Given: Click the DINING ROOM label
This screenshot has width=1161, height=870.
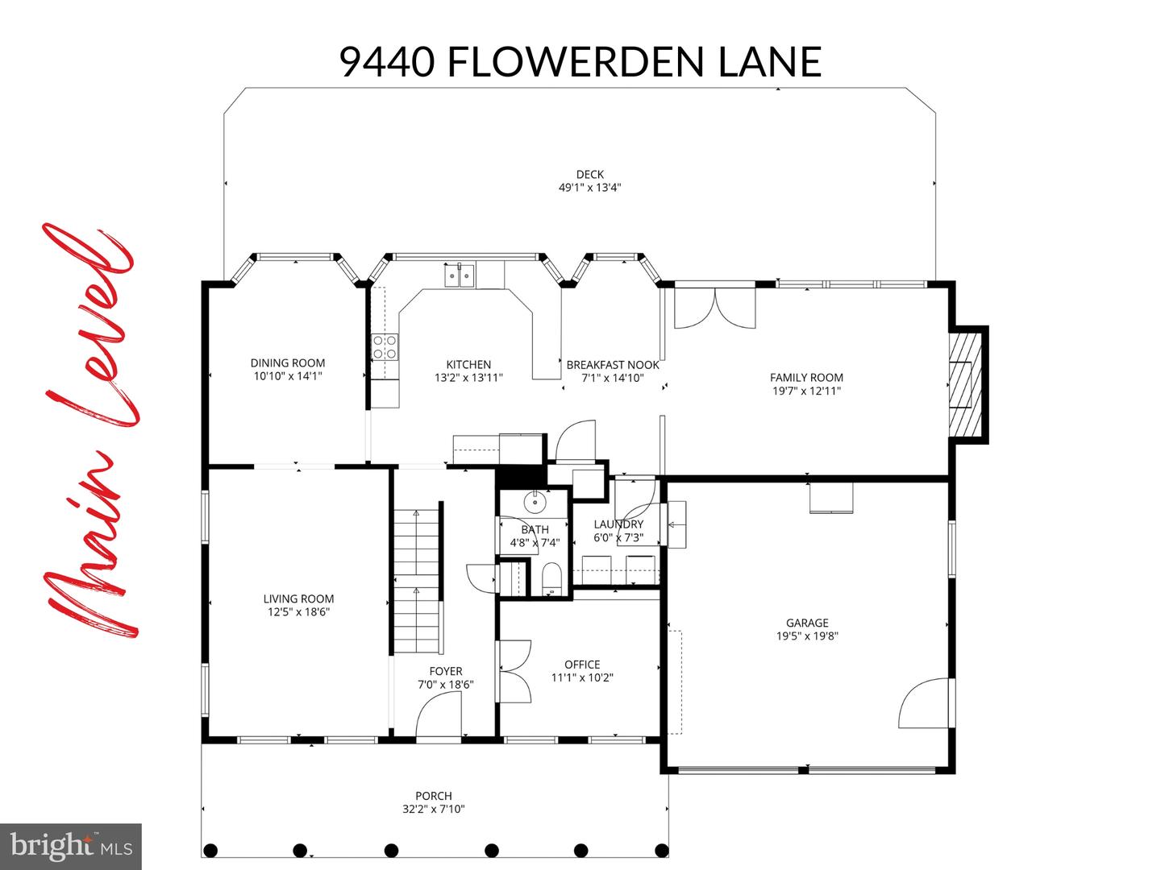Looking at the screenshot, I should click(287, 363).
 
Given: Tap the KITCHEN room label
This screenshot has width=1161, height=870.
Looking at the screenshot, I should click(468, 365).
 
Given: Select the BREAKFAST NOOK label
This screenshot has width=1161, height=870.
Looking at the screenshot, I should click(613, 365).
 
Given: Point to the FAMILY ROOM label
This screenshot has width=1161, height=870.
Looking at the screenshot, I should click(806, 377).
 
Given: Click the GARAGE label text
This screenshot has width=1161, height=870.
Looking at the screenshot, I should click(807, 623).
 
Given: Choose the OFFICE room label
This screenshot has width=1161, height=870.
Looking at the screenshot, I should click(581, 665).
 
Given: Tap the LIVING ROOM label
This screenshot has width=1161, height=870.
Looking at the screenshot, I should click(298, 599).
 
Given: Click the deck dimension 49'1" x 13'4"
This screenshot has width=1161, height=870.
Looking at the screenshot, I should click(589, 188).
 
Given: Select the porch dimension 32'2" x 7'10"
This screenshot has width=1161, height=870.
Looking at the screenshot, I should click(434, 810).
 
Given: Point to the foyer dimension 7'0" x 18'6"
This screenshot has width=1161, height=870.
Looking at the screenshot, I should click(445, 685).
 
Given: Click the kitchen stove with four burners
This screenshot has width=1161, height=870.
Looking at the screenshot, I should click(385, 347).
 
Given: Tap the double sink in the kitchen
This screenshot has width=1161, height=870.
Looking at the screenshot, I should click(460, 276).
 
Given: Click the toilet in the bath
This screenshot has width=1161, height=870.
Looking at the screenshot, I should click(552, 578).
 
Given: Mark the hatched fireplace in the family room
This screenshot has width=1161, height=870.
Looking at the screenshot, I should click(963, 384).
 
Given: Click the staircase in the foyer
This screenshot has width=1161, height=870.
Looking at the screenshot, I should click(417, 580).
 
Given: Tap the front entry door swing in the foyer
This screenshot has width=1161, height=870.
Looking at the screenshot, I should click(439, 717).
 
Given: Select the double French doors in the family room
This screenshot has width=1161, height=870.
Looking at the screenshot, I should click(714, 309).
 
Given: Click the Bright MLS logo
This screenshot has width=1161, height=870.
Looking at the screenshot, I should click(71, 847).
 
